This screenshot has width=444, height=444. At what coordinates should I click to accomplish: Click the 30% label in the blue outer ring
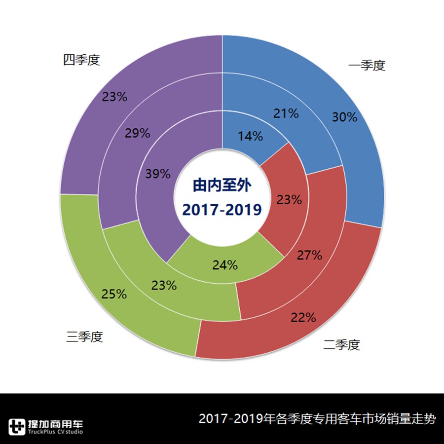coord(344,117)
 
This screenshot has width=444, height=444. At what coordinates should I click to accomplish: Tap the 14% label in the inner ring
coord(251,136)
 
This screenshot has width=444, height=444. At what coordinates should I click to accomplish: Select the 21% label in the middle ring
coord(286,113)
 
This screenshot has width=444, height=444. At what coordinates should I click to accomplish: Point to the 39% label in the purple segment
coord(158,174)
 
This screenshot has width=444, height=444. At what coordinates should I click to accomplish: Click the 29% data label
coord(137,133)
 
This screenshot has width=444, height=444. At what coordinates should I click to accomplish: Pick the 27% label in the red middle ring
coord(309,255)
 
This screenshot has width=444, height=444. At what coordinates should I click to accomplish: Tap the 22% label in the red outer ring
coord(303,317)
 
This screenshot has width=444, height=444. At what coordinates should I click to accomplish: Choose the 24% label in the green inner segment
coord(225,265)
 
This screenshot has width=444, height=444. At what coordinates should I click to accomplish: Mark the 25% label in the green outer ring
coord(114,295)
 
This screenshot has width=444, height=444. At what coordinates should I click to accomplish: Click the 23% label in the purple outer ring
coord(115,97)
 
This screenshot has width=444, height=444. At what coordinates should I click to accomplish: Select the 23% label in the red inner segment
coord(289,200)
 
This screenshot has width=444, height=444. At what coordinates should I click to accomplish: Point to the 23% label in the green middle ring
coord(164,285)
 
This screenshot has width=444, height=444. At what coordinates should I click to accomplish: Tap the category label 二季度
coord(342,344)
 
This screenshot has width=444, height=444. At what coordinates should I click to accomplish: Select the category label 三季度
coord(84,337)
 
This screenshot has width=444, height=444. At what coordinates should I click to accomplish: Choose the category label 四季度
coord(81,60)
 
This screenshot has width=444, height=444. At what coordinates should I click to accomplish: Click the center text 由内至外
coord(222,185)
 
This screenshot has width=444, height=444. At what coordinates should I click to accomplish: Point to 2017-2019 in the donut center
coord(222,210)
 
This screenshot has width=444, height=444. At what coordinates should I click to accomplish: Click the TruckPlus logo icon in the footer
coord(17,426)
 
